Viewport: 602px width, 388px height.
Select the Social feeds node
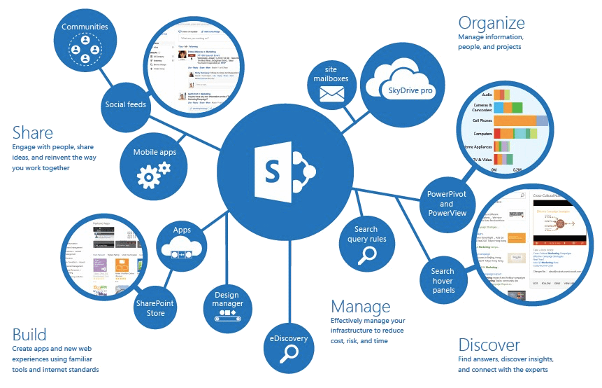pos(125,104)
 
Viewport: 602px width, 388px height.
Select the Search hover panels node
pos(442,279)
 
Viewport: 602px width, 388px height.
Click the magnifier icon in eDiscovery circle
pos(289,354)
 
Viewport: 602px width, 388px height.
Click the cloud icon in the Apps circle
pos(182,247)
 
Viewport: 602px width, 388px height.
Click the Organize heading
pos(491,22)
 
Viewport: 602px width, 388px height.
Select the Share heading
pos(33,132)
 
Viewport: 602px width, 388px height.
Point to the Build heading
pos(30,334)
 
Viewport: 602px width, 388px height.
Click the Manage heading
pos(360,307)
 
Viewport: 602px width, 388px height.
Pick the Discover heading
pos(489,345)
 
